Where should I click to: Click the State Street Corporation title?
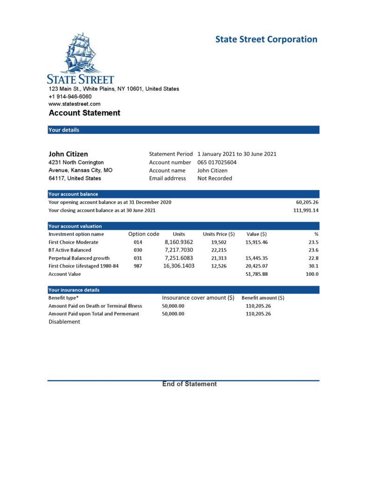(266, 39)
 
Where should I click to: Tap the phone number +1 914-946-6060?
(70, 97)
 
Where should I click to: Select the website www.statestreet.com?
(75, 104)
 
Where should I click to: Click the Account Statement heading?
(84, 113)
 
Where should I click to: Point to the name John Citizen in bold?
(68, 154)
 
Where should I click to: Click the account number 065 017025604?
(217, 162)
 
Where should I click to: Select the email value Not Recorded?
(215, 178)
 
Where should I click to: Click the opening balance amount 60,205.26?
(307, 203)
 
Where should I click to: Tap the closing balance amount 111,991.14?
(306, 211)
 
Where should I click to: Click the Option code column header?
(144, 234)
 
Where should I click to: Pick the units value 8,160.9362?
(179, 242)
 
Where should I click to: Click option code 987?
(138, 266)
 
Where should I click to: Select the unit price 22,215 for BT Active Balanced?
(219, 250)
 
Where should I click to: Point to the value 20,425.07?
(257, 266)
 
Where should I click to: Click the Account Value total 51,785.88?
(257, 274)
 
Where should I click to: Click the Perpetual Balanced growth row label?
(79, 258)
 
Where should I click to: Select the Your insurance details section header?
(74, 290)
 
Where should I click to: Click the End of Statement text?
(189, 384)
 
